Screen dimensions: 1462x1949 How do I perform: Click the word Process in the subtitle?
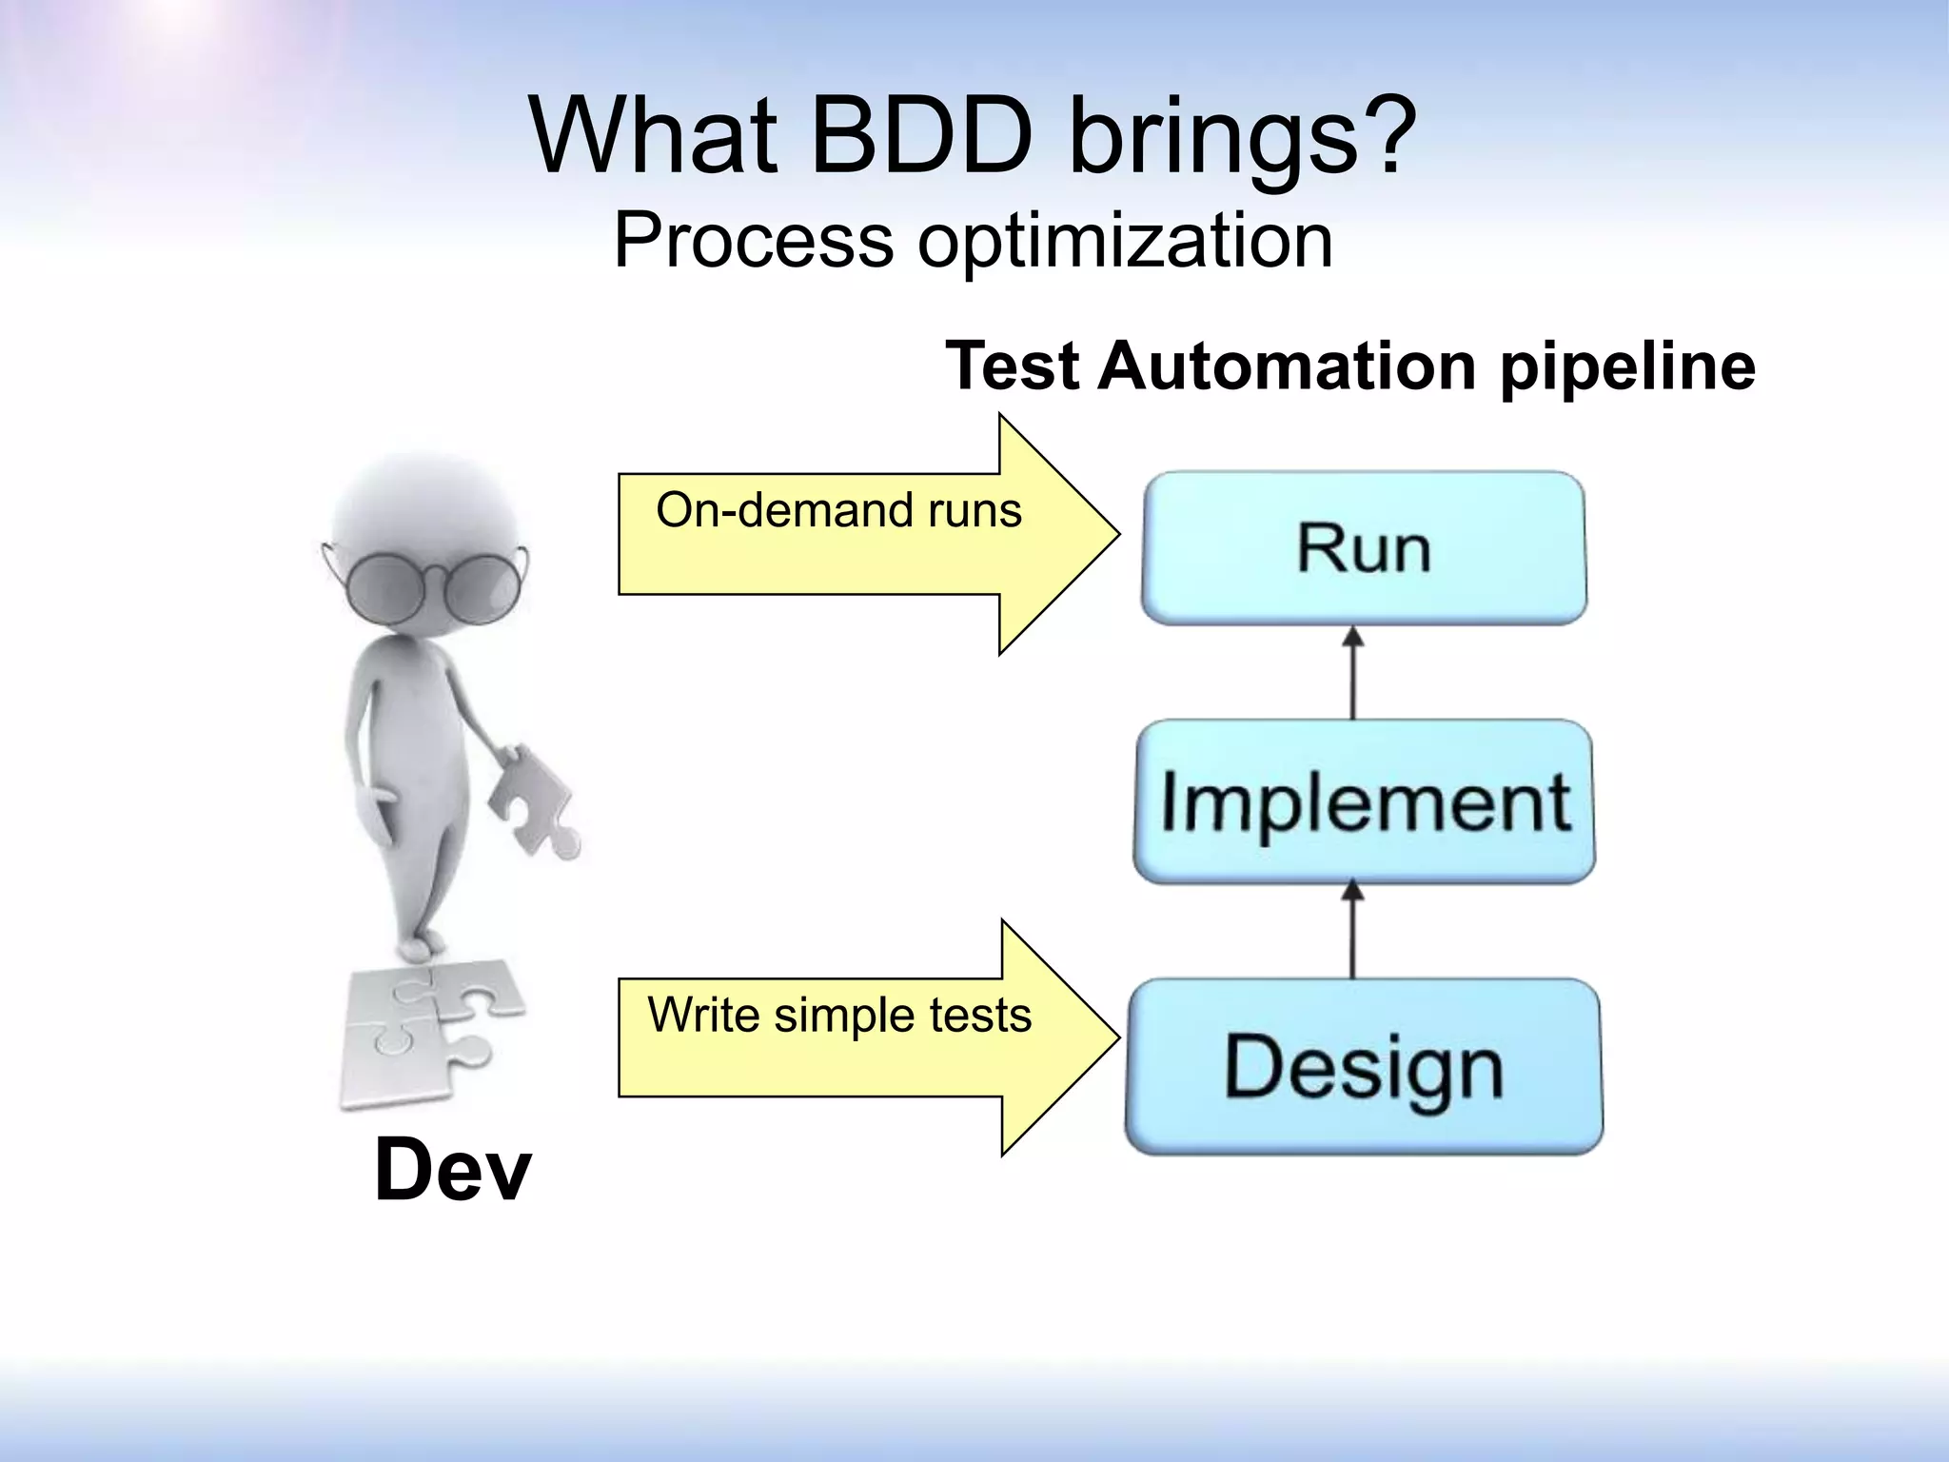[753, 242]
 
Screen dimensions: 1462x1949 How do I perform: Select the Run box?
[1363, 548]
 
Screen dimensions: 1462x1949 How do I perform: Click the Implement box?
[1363, 801]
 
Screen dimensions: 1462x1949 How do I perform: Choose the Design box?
[1363, 1067]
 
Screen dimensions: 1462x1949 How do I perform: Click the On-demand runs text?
[838, 510]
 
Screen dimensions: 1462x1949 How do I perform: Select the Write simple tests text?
[839, 1015]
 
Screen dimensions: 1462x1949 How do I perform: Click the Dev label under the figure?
[452, 1170]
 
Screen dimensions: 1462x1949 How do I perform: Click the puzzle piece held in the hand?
[533, 798]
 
